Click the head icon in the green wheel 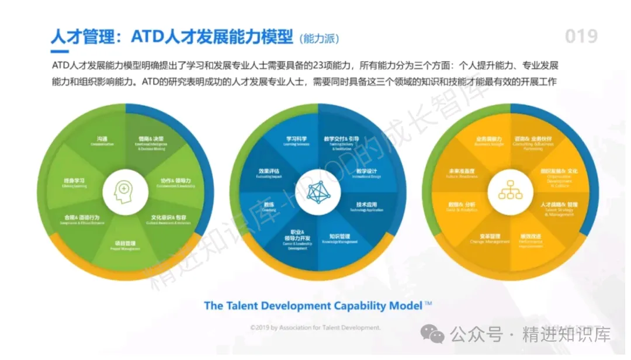tap(124, 192)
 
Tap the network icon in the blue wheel tap(317, 192)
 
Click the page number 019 tap(581, 37)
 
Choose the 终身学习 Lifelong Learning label tap(75, 183)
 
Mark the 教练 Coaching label tap(269, 207)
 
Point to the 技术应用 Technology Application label tap(366, 207)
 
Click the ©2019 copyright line tap(315, 328)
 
